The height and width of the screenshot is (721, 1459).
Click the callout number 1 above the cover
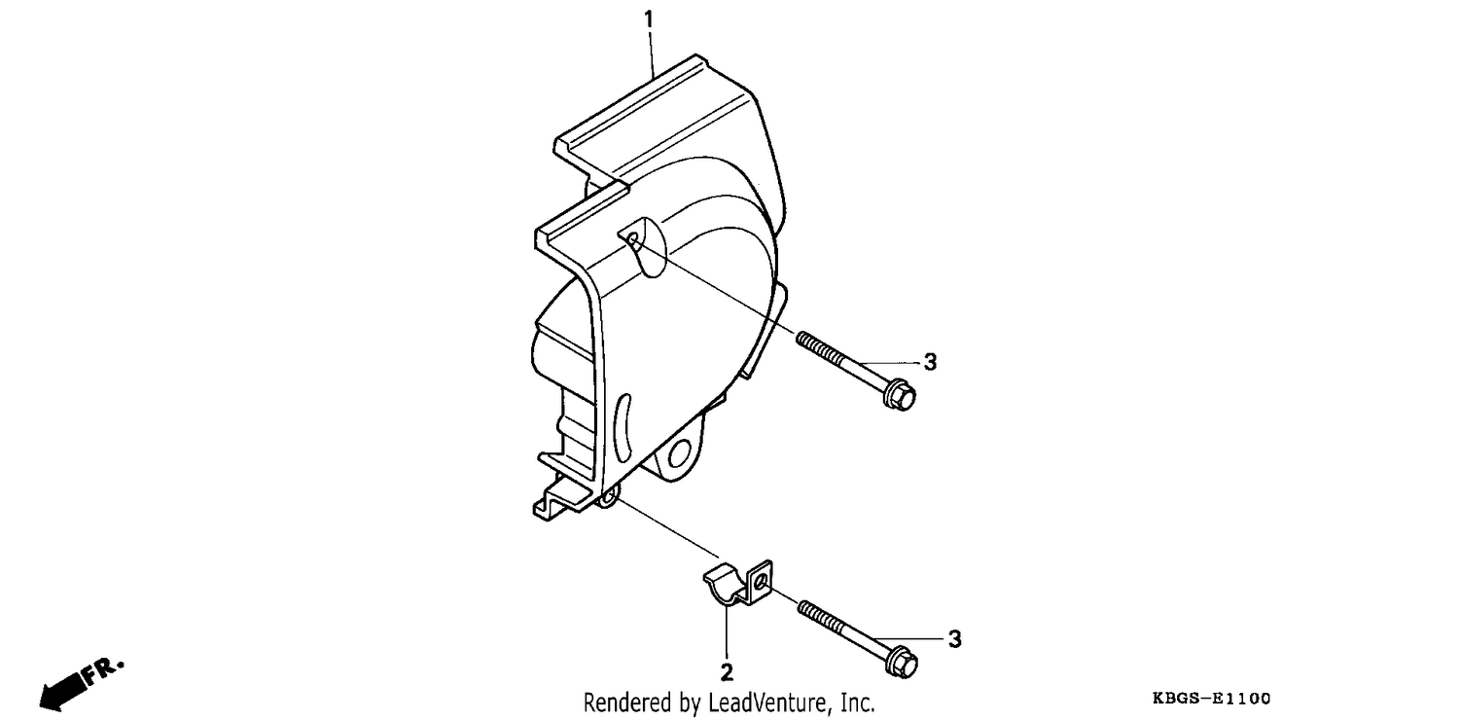point(649,20)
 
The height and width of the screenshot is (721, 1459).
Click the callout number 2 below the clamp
point(727,672)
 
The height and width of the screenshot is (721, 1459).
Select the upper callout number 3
point(930,362)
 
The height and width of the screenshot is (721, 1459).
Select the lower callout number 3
point(954,639)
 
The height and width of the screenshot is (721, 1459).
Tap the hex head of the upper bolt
point(900,395)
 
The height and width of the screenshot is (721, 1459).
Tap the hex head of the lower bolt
point(902,663)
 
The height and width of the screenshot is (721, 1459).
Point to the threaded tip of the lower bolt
point(803,608)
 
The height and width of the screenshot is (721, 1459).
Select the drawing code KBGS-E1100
point(1211,699)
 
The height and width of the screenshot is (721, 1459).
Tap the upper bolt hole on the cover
point(633,241)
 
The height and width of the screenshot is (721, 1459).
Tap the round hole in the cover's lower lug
point(679,452)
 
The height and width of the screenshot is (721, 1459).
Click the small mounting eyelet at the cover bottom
point(608,498)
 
